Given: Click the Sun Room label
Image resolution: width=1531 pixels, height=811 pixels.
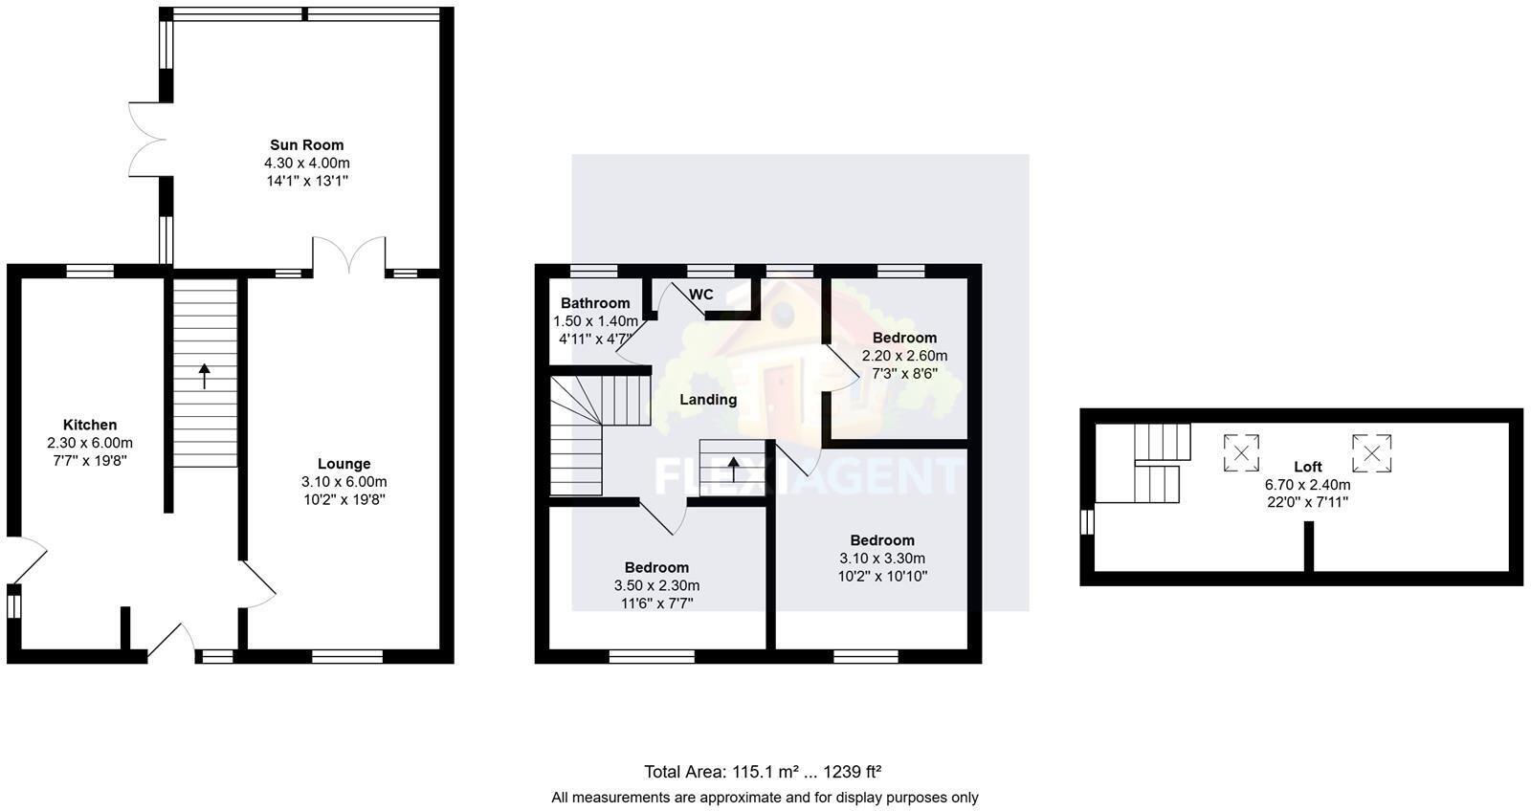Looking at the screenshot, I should tap(306, 145).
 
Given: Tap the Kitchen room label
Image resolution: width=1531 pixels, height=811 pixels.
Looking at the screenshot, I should tap(90, 425).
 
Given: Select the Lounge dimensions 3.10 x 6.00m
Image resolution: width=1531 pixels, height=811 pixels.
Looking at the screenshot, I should tap(344, 482).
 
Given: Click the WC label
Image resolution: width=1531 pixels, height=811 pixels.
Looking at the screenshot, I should tap(701, 295).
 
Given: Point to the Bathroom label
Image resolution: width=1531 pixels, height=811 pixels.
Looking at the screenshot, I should tap(595, 303).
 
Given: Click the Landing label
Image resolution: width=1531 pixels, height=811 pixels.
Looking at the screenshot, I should tap(708, 400).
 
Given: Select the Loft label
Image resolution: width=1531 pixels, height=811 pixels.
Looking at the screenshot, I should tap(1307, 467).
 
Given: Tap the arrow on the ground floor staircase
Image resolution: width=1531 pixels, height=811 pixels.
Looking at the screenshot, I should tap(205, 376).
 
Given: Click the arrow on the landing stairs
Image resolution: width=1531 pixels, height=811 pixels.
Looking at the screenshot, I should tap(733, 469).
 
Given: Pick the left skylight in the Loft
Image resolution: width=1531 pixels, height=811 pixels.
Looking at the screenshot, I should tap(1241, 452).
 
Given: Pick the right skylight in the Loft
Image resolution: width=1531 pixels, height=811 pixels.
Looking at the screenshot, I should tap(1371, 452).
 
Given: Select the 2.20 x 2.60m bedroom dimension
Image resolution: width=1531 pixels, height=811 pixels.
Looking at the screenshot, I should tap(904, 356).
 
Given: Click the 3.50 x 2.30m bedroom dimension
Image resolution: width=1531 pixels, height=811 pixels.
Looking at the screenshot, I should tap(656, 585).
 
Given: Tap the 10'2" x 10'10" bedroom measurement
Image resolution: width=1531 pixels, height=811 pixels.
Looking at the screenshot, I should tap(882, 576).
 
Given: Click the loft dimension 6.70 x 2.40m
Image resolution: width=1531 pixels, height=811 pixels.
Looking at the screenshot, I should tap(1307, 484).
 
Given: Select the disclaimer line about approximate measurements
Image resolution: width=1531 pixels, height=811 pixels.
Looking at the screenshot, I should tap(765, 797).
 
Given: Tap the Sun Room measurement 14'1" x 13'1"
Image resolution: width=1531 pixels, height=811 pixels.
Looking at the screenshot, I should tap(306, 180).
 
